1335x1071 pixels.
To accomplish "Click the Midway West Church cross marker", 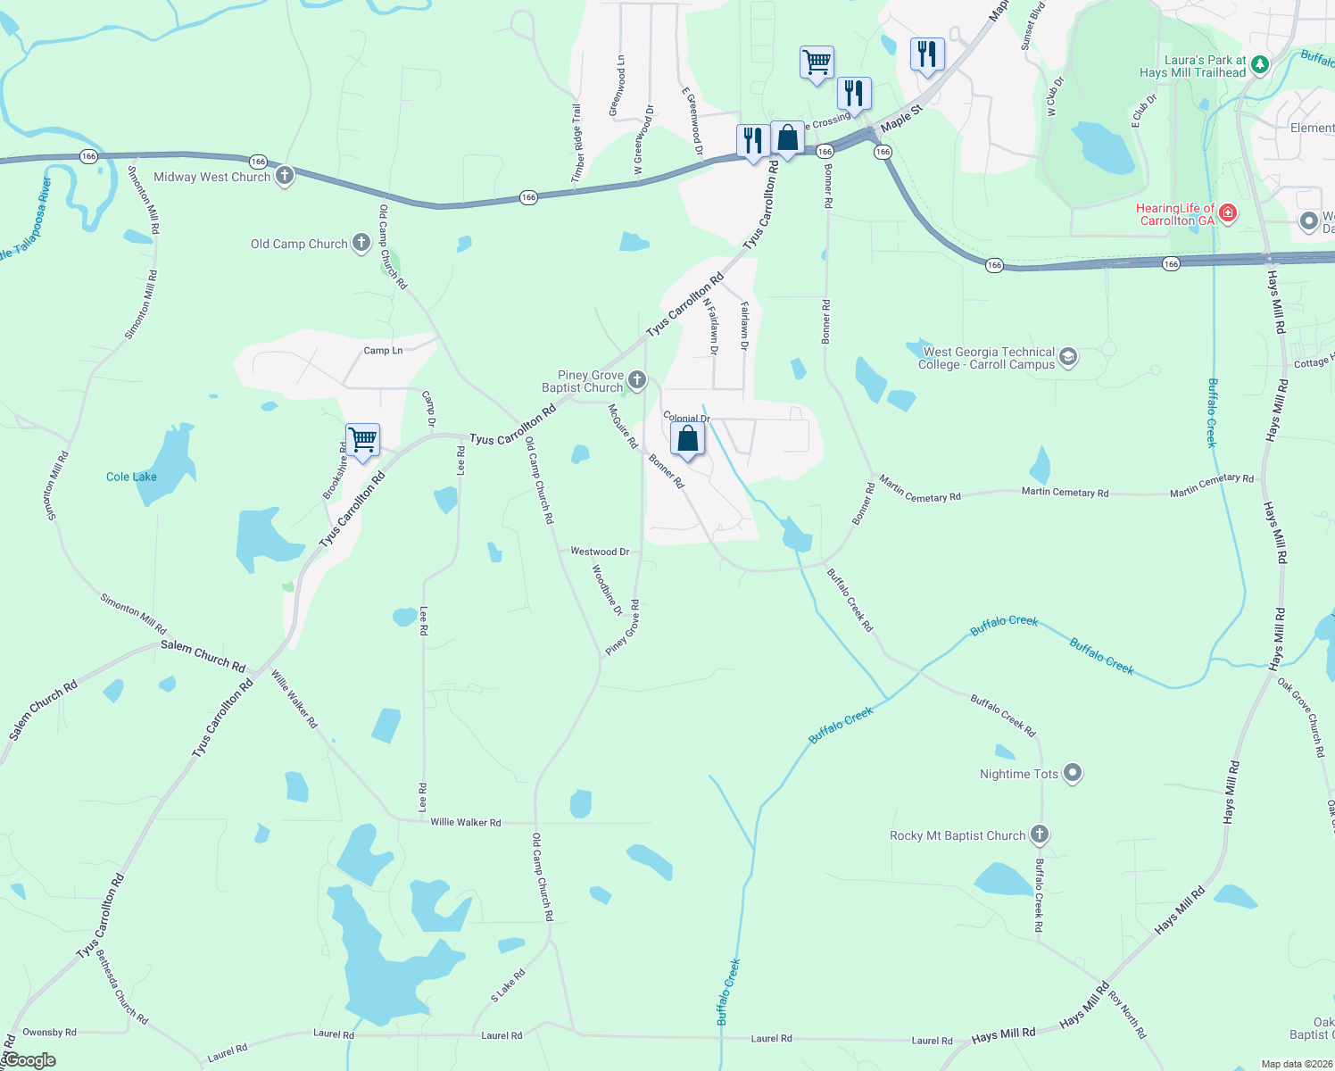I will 285,176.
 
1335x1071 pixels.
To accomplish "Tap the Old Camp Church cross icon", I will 361,243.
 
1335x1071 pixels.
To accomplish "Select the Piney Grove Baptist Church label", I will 582,382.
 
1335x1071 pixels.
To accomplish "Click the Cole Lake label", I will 131,477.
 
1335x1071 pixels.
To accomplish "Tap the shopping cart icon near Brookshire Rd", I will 362,440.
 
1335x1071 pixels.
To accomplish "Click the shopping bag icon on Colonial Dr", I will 688,439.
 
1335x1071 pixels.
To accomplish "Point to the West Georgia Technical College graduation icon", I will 1068,358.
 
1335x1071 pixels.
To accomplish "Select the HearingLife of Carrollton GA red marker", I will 1228,212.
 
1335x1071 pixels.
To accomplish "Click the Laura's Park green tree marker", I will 1259,64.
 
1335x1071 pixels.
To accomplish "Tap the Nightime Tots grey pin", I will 1073,773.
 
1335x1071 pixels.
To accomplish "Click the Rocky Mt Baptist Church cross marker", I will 1039,834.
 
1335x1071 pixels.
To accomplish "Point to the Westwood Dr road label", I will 600,552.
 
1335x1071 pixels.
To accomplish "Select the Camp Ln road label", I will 383,351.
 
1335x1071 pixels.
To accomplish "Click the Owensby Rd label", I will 49,1033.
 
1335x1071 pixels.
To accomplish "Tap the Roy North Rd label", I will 1128,1014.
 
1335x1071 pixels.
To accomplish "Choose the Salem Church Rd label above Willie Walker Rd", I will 203,656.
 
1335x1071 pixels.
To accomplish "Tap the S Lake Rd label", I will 508,986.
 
